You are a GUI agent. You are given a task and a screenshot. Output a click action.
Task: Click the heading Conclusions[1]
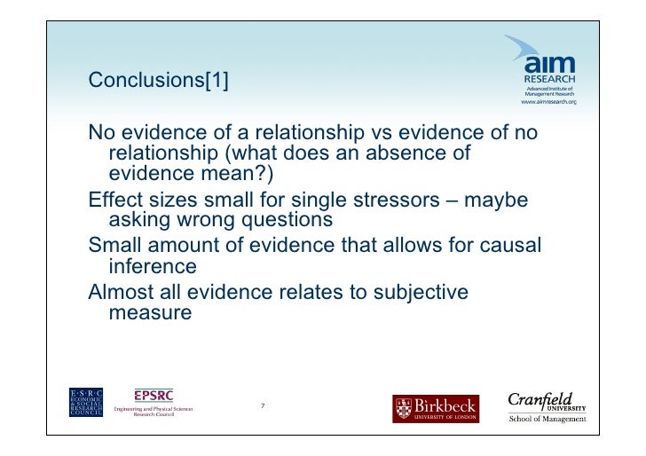(x=159, y=81)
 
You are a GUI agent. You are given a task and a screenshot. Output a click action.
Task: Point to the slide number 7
(x=263, y=406)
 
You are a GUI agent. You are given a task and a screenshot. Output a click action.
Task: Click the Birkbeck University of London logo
(x=436, y=408)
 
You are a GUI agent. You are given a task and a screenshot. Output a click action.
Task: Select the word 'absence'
(x=416, y=153)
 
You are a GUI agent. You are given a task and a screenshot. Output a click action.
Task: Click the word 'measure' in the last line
(x=149, y=312)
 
